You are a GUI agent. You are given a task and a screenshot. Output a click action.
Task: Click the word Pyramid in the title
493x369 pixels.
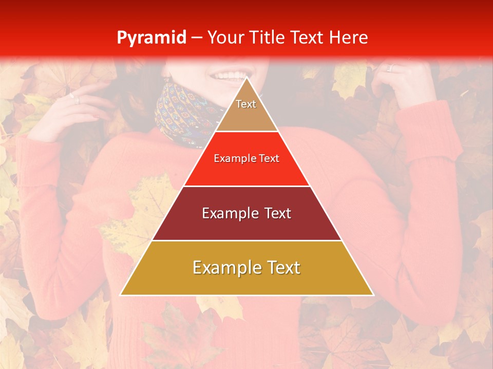pos(151,38)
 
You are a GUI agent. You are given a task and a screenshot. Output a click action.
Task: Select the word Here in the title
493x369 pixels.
pos(348,38)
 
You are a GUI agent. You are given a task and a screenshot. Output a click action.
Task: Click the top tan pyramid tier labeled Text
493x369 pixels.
pos(246,110)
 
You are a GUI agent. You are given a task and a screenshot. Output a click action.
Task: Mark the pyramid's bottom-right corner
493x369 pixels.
pos(373,295)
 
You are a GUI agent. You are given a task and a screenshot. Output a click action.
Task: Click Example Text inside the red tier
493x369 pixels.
pos(246,159)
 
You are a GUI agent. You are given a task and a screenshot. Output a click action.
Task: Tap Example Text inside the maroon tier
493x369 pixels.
pos(246,213)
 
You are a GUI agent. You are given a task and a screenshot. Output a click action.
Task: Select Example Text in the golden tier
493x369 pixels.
pos(246,268)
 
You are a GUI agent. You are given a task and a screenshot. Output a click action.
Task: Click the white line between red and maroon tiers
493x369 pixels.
pos(246,186)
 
